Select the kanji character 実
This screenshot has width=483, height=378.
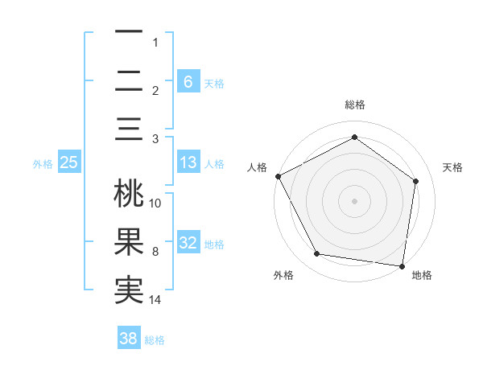click(x=129, y=290)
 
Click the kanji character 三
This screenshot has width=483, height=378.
click(x=129, y=129)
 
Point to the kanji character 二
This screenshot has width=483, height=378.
click(x=129, y=81)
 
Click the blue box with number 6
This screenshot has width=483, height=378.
click(x=188, y=81)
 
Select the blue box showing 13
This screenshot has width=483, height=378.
click(x=188, y=163)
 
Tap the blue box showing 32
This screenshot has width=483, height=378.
click(x=188, y=244)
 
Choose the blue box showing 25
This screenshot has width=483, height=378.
click(x=68, y=162)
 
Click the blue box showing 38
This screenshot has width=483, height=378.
click(x=128, y=339)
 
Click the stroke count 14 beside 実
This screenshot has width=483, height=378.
click(x=155, y=300)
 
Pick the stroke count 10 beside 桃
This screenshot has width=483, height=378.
click(x=155, y=203)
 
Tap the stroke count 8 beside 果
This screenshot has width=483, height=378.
click(x=155, y=252)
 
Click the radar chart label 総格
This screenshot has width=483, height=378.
click(x=354, y=105)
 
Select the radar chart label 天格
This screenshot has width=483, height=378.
click(x=452, y=167)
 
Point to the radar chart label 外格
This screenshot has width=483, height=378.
click(x=283, y=275)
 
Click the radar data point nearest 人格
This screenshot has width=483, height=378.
click(x=278, y=175)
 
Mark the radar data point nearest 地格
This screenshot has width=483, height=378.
click(x=402, y=265)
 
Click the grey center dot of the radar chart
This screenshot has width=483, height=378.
click(x=354, y=200)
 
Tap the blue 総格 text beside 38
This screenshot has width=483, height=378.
click(x=155, y=340)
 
